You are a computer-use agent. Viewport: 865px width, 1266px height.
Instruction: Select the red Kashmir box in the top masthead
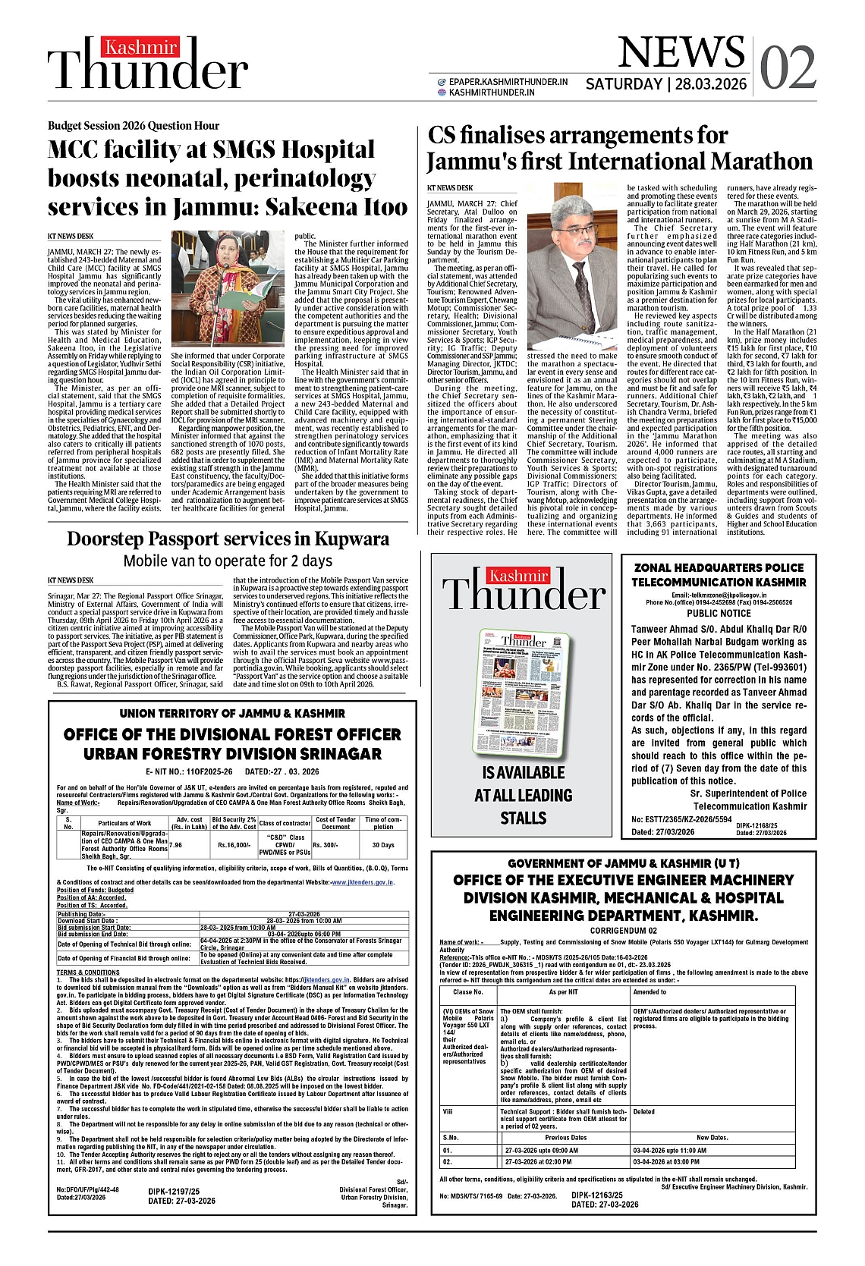pos(140,48)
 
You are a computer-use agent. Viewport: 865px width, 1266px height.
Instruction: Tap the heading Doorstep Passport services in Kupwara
pos(228,539)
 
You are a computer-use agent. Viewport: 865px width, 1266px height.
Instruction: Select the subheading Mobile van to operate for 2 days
pos(228,561)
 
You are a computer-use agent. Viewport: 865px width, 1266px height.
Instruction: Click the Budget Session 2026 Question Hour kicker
pos(134,126)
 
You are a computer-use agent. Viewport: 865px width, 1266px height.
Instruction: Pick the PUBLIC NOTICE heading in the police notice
pos(719,613)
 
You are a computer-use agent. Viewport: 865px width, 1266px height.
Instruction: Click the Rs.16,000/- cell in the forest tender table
pos(234,844)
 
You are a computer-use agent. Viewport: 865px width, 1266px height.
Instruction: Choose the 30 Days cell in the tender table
pos(383,844)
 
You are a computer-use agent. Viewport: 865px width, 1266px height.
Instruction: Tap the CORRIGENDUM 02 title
pos(624,931)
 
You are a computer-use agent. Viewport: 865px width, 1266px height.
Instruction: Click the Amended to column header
pos(650,991)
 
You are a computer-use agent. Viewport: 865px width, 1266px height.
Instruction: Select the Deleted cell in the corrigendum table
pos(644,1111)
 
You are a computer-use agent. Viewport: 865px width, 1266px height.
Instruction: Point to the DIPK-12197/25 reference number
pos(174,1192)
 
